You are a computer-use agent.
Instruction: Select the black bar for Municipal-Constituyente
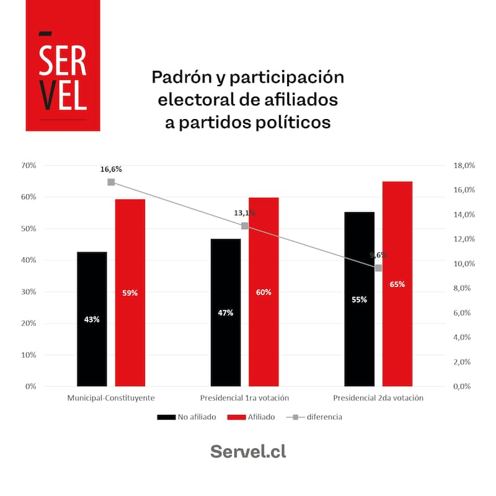point(92,319)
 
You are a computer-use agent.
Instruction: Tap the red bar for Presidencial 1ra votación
point(263,291)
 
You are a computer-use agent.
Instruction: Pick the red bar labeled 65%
point(397,284)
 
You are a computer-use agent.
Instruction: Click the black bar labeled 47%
point(226,312)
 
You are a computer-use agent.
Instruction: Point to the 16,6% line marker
point(111,182)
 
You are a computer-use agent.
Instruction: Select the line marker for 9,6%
point(378,268)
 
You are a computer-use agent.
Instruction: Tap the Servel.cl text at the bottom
point(248,451)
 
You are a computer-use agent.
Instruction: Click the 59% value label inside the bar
point(130,293)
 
